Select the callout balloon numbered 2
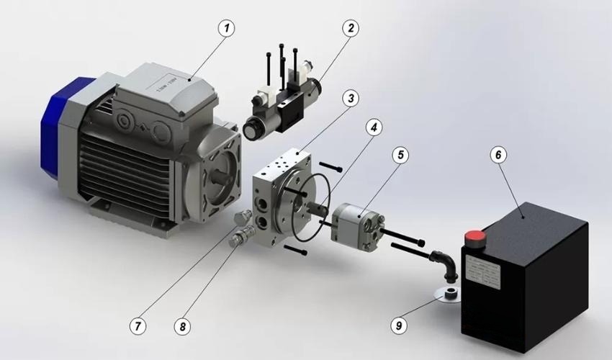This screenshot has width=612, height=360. (351, 29)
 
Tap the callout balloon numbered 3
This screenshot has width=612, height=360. (350, 96)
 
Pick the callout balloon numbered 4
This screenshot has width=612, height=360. (372, 127)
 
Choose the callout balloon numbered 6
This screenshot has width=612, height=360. (498, 154)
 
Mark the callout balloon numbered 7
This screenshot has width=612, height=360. (137, 325)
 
